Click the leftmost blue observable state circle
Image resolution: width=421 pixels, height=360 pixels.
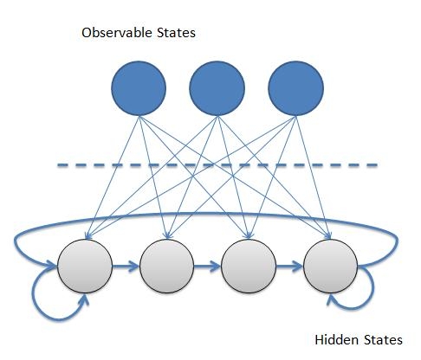139,88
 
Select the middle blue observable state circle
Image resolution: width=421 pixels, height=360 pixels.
217,88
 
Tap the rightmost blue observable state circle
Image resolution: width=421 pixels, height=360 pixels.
296,88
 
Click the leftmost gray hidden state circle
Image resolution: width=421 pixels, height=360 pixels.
85,266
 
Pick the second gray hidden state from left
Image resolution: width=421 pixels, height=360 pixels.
167,266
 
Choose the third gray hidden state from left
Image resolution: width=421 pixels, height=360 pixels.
249,266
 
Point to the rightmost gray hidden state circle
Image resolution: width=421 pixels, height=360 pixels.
331,266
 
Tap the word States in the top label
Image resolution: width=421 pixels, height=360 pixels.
176,33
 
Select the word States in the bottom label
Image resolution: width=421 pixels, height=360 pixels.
383,339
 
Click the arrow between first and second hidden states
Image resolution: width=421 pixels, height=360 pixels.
126,266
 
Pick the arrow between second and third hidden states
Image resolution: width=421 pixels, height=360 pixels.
208,266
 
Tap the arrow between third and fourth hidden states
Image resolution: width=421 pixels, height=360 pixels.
289,266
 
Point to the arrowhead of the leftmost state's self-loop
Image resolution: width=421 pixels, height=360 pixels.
84,300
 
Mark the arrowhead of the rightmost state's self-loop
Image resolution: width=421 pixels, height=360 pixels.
332,300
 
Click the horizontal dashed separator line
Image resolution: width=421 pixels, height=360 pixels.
217,165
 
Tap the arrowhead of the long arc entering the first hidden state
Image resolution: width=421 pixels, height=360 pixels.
51,265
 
